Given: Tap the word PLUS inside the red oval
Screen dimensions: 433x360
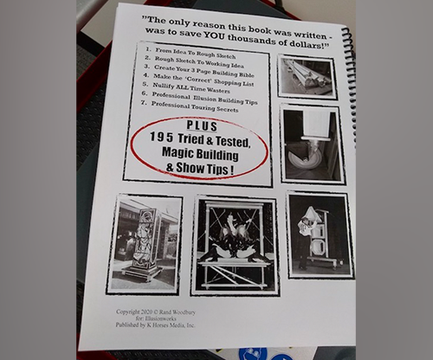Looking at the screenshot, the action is (202, 125).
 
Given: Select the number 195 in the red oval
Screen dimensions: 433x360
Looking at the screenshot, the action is (161, 138).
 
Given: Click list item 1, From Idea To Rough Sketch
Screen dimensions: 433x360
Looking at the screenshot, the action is (191, 53).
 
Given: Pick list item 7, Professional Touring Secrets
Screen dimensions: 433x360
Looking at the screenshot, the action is (190, 106).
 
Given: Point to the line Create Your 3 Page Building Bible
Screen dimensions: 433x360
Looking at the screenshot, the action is (199, 71).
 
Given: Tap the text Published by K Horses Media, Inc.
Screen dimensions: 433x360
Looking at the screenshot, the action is (155, 325).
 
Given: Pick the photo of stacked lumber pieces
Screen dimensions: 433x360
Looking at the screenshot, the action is (307, 77).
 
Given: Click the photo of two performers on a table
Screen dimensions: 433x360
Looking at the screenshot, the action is (236, 247).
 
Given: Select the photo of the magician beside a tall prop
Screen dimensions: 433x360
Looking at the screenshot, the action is (320, 235).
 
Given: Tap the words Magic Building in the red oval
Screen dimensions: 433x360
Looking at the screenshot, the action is (200, 153).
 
